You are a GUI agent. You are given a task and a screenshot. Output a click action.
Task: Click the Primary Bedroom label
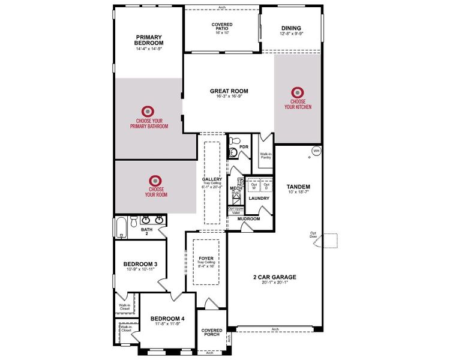point(149,40)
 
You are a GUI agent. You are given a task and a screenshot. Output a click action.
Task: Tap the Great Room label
point(229,92)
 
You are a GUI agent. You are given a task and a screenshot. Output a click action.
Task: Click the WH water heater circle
point(316,151)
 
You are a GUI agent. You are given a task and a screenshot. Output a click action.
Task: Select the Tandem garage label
point(298,187)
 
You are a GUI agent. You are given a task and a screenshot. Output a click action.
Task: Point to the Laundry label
point(259,199)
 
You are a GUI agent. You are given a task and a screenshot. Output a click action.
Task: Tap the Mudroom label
point(248,219)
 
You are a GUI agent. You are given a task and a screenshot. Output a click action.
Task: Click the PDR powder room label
point(244,146)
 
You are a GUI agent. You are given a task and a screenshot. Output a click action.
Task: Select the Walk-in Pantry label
point(265,156)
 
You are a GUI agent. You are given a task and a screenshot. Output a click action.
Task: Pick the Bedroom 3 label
point(140,264)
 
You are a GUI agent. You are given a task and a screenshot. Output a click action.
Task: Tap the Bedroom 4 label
point(165,319)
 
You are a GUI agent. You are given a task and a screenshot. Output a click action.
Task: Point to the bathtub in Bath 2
point(119,228)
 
